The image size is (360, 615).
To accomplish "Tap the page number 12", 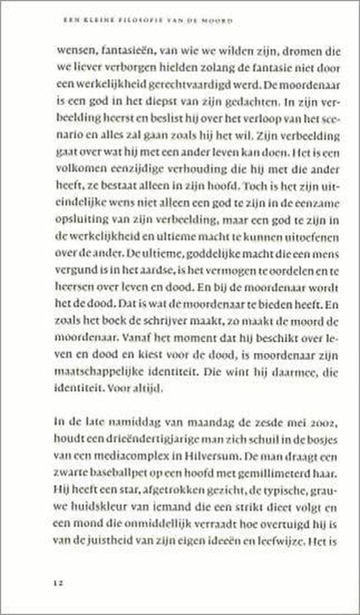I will [x=56, y=583].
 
